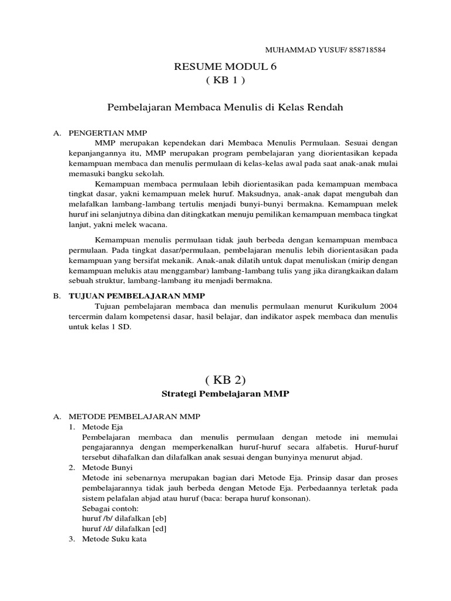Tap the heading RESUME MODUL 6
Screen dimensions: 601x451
pyautogui.click(x=225, y=66)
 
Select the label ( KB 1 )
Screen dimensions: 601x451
pyautogui.click(x=225, y=80)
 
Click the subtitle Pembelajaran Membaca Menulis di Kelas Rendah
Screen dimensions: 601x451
pyautogui.click(x=225, y=107)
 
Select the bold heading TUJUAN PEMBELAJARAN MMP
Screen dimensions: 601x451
pyautogui.click(x=126, y=296)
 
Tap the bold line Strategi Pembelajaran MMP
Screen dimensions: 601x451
pyautogui.click(x=225, y=394)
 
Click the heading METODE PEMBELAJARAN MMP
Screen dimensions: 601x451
pyautogui.click(x=134, y=416)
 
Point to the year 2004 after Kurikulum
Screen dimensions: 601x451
pyautogui.click(x=388, y=306)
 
